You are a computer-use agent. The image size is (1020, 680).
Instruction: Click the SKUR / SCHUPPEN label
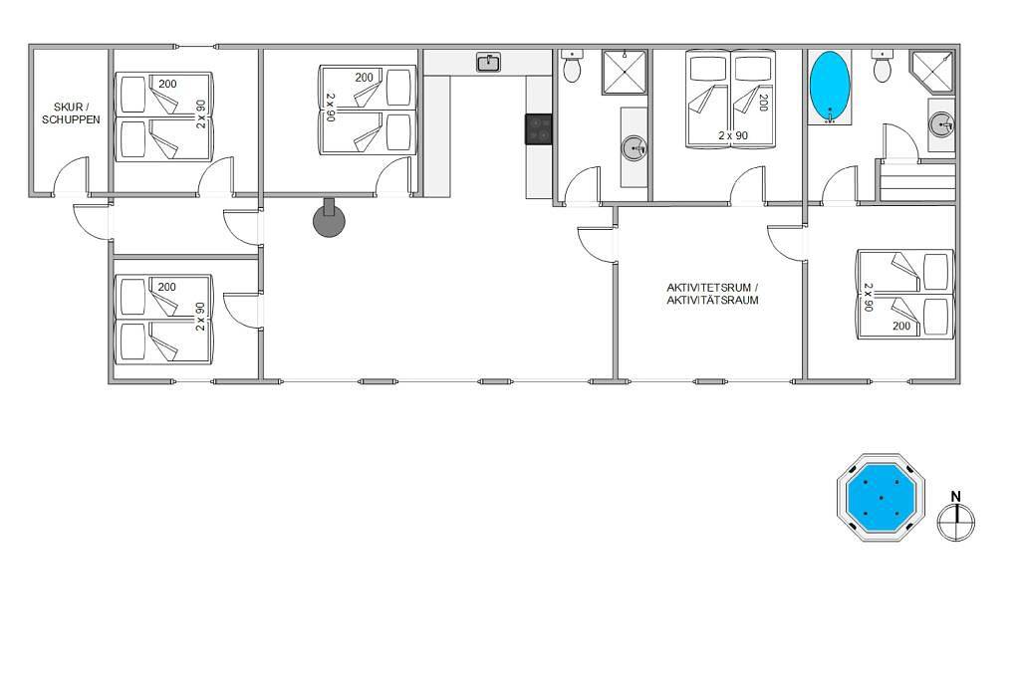(71, 113)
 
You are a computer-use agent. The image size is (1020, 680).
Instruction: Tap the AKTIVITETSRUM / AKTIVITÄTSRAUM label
(712, 294)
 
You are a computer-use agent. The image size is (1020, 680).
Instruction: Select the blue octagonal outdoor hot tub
(881, 498)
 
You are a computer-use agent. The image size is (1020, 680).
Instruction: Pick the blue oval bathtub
(830, 86)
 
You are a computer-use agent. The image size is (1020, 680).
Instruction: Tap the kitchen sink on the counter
(488, 63)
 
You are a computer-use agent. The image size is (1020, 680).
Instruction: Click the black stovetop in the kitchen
(539, 128)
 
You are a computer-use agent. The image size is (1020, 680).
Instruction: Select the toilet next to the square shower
(572, 66)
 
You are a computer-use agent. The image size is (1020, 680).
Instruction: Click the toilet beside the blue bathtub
(882, 66)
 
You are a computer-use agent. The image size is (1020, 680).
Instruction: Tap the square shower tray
(624, 73)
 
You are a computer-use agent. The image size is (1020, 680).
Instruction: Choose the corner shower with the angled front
(932, 72)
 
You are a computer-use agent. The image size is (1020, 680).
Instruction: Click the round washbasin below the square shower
(635, 148)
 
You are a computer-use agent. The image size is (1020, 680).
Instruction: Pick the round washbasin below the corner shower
(940, 124)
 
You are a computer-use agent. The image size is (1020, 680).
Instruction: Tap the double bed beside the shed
(164, 116)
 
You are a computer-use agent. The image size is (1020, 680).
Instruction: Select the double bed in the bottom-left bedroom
(164, 319)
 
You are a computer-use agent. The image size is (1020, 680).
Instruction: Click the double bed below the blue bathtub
(904, 295)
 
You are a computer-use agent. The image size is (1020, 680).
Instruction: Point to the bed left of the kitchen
(368, 110)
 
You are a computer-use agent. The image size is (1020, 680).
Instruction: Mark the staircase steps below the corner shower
(917, 182)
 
